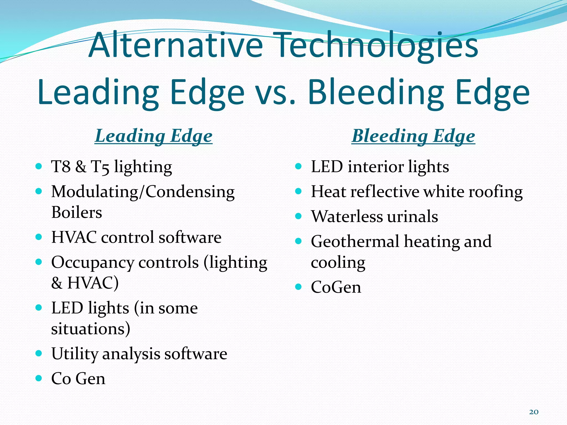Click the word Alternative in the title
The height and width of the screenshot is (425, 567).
point(176,45)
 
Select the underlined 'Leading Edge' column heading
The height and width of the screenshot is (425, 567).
point(154,136)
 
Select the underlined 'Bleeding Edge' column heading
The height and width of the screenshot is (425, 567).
point(413,136)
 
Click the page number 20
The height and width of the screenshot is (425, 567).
point(534,412)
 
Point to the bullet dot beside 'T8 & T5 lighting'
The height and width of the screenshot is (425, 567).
point(39,167)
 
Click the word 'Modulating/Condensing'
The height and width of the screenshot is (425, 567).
point(143,192)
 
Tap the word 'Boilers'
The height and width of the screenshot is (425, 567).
point(77,212)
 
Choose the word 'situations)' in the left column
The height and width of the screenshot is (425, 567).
point(91,329)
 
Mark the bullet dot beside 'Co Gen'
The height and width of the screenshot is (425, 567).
point(39,378)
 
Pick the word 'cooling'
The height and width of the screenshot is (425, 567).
point(338,263)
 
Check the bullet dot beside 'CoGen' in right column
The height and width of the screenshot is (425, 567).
point(298,287)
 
